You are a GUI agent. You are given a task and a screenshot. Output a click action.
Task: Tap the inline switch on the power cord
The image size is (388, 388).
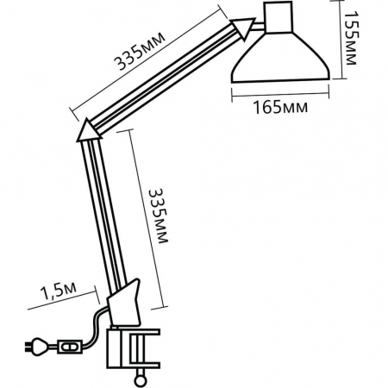(68, 347)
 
